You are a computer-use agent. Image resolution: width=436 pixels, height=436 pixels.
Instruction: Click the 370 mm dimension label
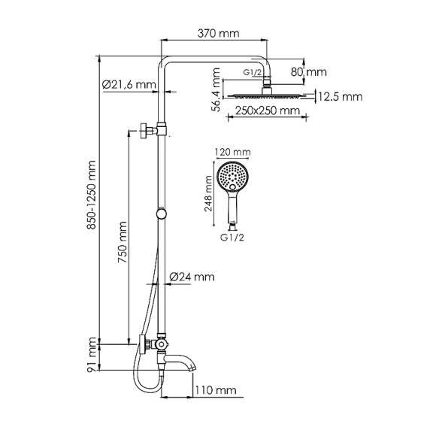(217, 34)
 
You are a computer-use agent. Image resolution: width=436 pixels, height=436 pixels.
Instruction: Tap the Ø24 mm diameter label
(193, 277)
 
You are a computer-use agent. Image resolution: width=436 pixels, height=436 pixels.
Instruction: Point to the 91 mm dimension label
(91, 356)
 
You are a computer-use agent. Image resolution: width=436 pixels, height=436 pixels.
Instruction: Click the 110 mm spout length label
(216, 390)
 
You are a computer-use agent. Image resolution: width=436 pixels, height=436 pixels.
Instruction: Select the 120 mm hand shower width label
(232, 153)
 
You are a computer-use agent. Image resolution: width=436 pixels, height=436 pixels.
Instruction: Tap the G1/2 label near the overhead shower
(253, 72)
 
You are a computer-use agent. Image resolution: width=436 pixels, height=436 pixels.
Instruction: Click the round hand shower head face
(231, 177)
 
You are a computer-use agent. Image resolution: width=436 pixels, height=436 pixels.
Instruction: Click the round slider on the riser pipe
(161, 214)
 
